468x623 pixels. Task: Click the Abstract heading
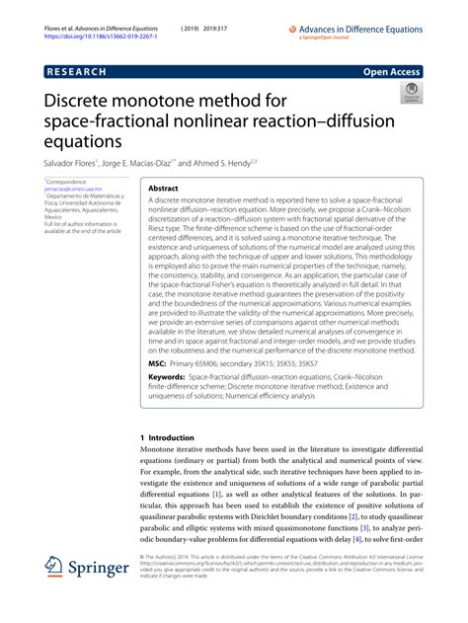162,187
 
